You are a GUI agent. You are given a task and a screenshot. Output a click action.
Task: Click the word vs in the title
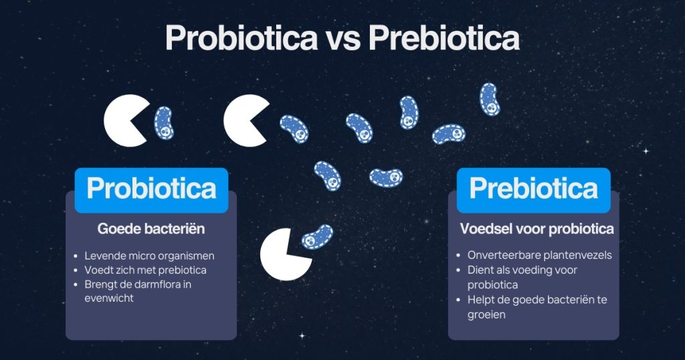pos(342,38)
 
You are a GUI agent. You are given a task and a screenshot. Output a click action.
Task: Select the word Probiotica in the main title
pos(241,38)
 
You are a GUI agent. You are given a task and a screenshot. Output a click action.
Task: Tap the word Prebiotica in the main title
pos(444,38)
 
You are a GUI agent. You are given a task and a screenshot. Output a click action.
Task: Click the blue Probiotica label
pos(151,189)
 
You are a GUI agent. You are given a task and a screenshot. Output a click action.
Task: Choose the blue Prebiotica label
pos(533,189)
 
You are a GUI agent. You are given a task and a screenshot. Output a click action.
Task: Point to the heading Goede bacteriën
pos(151,229)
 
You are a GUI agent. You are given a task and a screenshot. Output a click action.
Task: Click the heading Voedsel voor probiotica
pos(536,229)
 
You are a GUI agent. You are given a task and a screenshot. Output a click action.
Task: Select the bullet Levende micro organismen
pos(149,256)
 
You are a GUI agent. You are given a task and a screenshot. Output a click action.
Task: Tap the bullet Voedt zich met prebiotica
pos(145,270)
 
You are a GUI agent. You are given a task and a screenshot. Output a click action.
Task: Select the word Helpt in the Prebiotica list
pos(482,299)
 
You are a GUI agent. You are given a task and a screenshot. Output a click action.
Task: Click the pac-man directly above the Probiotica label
pos(125,122)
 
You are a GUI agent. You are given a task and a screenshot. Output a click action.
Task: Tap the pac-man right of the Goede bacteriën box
pos(286,254)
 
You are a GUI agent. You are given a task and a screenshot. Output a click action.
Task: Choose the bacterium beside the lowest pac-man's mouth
pos(316,237)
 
